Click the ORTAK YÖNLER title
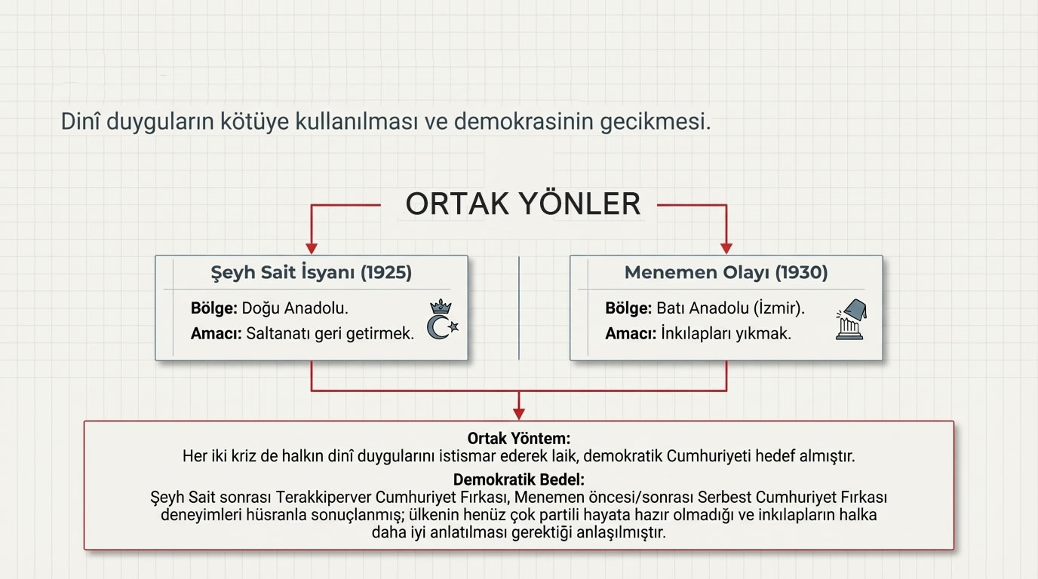(x=523, y=204)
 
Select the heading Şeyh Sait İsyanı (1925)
(x=311, y=272)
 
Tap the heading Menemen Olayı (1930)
(x=726, y=272)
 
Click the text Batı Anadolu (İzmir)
(x=730, y=308)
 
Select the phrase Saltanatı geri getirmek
(x=330, y=333)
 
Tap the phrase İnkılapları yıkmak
(x=726, y=333)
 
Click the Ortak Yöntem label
(x=518, y=438)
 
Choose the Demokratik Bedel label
(x=518, y=479)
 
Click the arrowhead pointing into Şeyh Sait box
(x=312, y=248)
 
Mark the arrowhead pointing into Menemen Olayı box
(x=726, y=248)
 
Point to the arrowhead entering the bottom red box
(x=518, y=413)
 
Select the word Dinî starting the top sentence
(x=80, y=121)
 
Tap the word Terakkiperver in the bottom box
(x=324, y=498)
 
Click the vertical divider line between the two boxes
(x=519, y=308)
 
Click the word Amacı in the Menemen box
(x=629, y=333)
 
